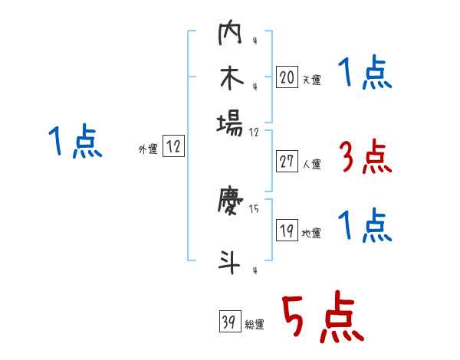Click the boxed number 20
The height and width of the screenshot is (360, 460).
(287, 77)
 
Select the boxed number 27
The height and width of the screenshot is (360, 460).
(287, 162)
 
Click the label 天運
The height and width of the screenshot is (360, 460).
(311, 80)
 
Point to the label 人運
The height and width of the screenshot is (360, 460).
(312, 164)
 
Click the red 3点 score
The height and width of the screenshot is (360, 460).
(364, 158)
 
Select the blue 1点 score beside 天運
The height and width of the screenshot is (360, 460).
(364, 75)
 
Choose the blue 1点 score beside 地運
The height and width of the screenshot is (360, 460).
(364, 227)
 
